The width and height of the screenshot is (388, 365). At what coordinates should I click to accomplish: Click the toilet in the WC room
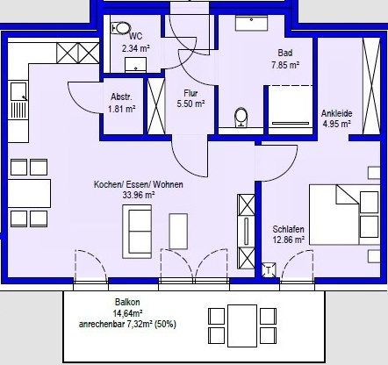point(121,28)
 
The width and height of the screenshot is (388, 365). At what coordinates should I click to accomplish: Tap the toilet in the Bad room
point(241,118)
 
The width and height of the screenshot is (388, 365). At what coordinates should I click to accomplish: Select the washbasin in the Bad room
point(252,23)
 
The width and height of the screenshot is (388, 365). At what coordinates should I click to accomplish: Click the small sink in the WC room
point(135,65)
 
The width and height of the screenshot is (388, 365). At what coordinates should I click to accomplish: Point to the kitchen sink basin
point(18,91)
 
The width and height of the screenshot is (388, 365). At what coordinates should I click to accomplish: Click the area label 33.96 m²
point(139,195)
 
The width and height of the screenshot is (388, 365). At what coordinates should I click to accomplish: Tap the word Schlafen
point(288,229)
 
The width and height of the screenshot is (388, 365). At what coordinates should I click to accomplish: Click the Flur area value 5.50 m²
point(190,104)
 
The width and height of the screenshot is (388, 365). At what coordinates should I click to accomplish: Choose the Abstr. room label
point(121,97)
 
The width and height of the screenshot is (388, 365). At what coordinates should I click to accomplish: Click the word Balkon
point(127,302)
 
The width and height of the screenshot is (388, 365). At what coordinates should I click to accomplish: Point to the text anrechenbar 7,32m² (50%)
point(127,324)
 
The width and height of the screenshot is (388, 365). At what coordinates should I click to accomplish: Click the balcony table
point(242,326)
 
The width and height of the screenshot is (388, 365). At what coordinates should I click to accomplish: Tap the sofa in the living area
point(137,232)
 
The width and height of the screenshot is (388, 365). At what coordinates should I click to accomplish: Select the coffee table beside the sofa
point(178,232)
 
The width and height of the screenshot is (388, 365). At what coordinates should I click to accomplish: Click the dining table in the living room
point(29,194)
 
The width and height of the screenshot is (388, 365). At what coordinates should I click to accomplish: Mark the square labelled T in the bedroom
point(269,270)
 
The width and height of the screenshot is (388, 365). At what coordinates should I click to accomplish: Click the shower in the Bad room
point(291,110)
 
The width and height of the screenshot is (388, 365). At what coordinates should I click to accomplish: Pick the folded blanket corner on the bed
point(348,195)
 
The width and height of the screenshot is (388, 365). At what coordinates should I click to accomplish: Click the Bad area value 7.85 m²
point(285,65)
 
